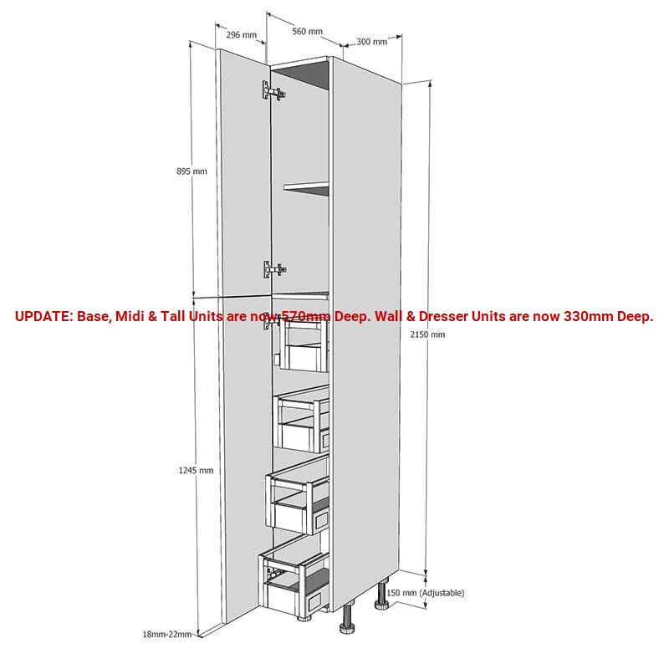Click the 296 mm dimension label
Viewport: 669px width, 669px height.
point(241,35)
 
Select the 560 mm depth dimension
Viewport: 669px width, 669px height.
point(307,31)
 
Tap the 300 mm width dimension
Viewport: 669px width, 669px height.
point(371,42)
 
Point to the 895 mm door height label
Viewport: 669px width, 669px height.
point(192,171)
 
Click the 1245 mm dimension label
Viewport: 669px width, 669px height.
point(196,470)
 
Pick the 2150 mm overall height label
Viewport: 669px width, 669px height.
point(427,334)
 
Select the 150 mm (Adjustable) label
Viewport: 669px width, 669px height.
point(426,593)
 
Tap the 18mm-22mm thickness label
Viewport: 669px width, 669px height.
point(166,634)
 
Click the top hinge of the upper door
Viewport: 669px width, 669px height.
point(273,91)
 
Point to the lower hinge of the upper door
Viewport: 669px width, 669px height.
point(274,269)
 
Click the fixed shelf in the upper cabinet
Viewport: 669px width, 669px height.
point(306,186)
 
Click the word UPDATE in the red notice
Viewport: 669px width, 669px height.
point(44,317)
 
